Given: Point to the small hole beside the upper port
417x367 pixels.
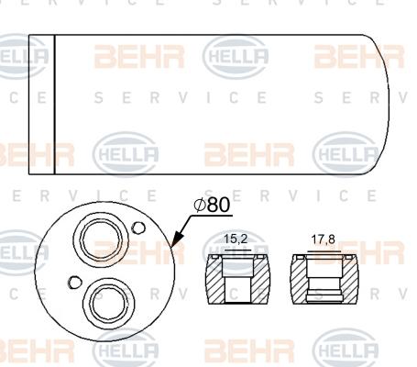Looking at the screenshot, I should pyautogui.click(x=137, y=228).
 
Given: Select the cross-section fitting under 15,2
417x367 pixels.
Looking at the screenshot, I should pyautogui.click(x=236, y=284).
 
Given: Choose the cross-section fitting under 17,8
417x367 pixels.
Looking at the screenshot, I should pyautogui.click(x=320, y=284).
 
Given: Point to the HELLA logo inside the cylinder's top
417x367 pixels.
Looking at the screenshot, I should pyautogui.click(x=236, y=58).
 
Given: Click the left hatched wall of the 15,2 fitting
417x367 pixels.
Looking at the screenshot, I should pyautogui.click(x=213, y=285).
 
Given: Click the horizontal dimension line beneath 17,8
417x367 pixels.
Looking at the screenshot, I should pyautogui.click(x=320, y=250).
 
